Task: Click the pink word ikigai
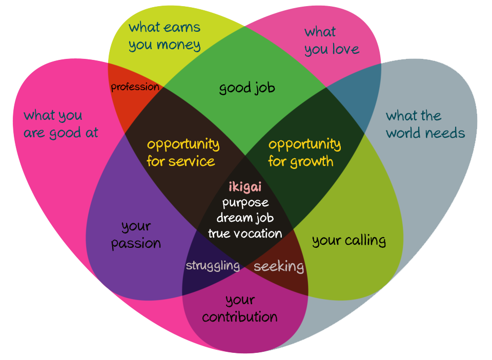click(x=245, y=187)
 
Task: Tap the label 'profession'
click(x=135, y=87)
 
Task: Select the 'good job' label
click(x=247, y=88)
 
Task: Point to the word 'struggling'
click(x=213, y=266)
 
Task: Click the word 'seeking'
click(x=279, y=267)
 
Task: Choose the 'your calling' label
click(x=348, y=240)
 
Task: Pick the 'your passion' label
click(x=136, y=235)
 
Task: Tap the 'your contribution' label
click(x=240, y=308)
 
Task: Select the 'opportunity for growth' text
click(x=304, y=153)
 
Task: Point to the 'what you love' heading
click(x=332, y=40)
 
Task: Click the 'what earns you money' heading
click(x=165, y=36)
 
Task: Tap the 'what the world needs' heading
click(x=425, y=124)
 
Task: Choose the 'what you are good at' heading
click(x=60, y=124)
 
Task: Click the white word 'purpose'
click(x=245, y=202)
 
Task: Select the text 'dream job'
click(x=245, y=218)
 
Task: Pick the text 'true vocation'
click(x=245, y=234)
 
